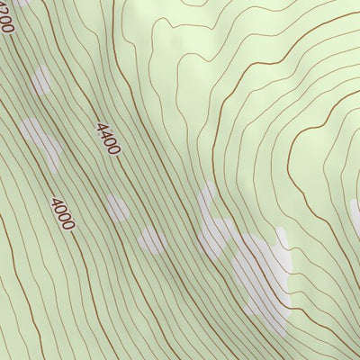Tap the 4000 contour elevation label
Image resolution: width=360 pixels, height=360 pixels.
click(63, 213)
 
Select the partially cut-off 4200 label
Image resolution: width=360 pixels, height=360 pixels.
click(6, 18)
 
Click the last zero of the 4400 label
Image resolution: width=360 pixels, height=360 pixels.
click(113, 148)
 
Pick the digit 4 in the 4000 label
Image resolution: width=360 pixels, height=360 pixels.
click(56, 202)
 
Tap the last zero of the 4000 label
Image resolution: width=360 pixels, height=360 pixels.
click(69, 225)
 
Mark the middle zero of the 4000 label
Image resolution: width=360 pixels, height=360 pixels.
click(63, 214)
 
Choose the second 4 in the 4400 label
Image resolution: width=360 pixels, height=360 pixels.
click(103, 133)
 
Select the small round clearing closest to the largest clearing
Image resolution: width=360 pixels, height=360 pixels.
click(152, 239)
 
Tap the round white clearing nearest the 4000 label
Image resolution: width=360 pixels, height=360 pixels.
click(117, 208)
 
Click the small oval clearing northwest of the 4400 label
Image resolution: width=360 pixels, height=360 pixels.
click(40, 80)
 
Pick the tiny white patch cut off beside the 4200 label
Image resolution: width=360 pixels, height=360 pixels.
click(20, 3)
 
